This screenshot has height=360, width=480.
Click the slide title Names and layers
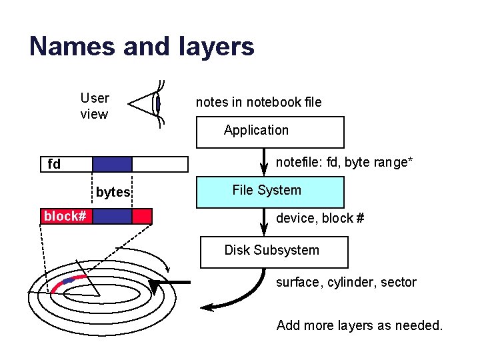click(x=141, y=47)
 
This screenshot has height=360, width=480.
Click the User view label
click(x=94, y=106)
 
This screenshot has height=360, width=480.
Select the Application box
click(x=269, y=132)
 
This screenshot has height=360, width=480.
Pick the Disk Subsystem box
click(x=273, y=252)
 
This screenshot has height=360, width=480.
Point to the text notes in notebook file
click(x=258, y=102)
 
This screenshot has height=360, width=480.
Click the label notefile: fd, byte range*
click(x=345, y=162)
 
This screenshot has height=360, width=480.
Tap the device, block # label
click(x=320, y=218)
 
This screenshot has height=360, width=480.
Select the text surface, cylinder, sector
click(x=346, y=282)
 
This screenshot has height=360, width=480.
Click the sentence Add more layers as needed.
click(x=359, y=325)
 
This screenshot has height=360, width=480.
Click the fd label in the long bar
click(x=54, y=164)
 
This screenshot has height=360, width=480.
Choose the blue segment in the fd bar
click(x=112, y=164)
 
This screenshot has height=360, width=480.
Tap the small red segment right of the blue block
click(x=142, y=216)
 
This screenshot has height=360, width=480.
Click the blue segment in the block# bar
click(x=112, y=216)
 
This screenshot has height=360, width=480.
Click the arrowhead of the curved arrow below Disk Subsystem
click(x=207, y=307)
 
